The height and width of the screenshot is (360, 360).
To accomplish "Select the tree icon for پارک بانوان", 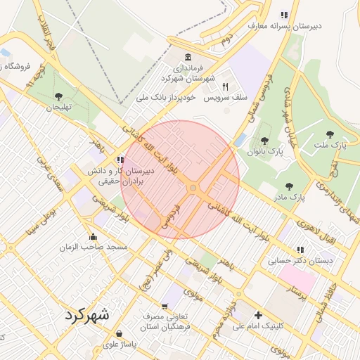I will pos(265,139).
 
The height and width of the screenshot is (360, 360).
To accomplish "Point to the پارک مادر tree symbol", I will pos(289,186).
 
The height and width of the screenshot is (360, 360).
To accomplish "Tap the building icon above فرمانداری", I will pos(187,57).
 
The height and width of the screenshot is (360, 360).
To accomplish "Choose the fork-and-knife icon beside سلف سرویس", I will pos(226,86).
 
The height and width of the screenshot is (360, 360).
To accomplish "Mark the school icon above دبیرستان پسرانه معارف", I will pos(284,15).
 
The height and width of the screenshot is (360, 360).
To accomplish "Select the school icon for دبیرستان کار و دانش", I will pos(121,160).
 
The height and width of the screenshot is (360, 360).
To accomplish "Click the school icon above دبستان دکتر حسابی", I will pos(301,249).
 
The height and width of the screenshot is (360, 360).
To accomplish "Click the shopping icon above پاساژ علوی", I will pos(119,333).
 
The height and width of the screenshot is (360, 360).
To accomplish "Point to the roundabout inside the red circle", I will pos(193,188).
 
